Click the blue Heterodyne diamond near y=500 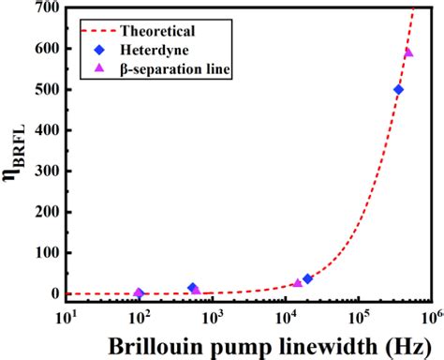[x=398, y=90]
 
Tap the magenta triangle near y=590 [x=408, y=52]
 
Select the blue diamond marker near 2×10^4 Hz [x=307, y=278]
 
